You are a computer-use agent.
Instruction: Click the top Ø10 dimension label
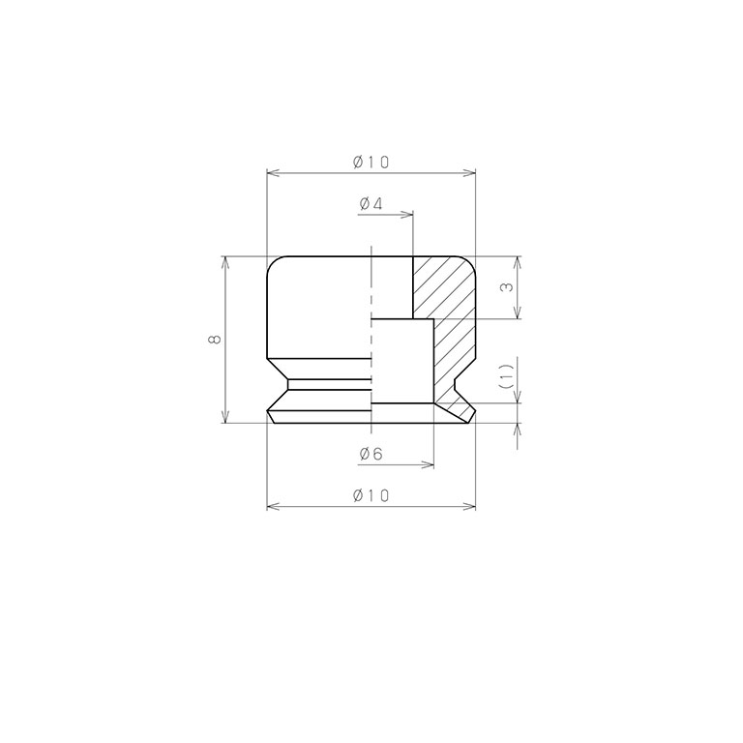pos(371,163)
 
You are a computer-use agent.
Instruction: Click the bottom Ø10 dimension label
pos(371,495)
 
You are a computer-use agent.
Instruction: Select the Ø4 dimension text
pos(371,204)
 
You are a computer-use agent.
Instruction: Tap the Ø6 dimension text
pos(371,455)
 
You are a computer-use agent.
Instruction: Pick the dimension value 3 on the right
pos(507,287)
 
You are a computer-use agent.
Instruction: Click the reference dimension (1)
pos(507,376)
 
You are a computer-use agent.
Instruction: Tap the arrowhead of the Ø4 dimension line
pos(407,215)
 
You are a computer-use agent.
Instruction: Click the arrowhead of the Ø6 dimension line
pos(428,464)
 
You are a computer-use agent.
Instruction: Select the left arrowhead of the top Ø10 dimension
pos(274,173)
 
